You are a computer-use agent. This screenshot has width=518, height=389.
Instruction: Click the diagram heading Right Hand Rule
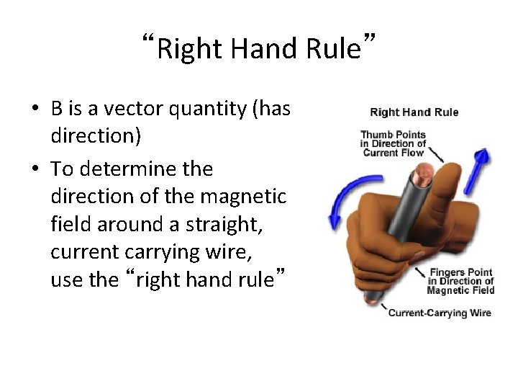tap(414, 112)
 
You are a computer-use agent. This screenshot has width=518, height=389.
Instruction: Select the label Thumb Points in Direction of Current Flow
tap(393, 143)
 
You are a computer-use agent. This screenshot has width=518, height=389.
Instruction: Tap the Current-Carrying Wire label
tap(439, 313)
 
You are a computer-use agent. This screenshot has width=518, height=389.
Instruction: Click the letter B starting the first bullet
tap(55, 109)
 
